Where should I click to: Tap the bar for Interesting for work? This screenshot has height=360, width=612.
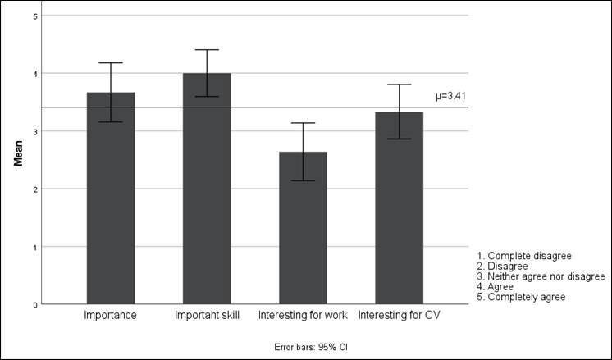[303, 230]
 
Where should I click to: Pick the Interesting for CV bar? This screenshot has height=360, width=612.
[400, 209]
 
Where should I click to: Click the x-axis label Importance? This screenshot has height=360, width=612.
[111, 316]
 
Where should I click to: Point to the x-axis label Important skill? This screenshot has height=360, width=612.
[207, 316]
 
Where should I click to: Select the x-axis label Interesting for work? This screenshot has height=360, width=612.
[303, 316]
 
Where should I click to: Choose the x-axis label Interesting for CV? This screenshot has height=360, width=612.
[400, 316]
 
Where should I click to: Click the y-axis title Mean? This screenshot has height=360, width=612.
[18, 153]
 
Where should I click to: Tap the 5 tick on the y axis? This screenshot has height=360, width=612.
[34, 16]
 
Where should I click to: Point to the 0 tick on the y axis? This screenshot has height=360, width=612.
[34, 304]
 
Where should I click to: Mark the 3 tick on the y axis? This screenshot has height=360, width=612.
[34, 131]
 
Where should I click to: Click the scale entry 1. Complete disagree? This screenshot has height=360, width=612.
[524, 256]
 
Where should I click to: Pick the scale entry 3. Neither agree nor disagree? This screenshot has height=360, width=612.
[541, 276]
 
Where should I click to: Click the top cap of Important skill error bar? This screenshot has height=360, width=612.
[207, 50]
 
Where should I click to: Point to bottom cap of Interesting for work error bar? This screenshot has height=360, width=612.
[303, 180]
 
